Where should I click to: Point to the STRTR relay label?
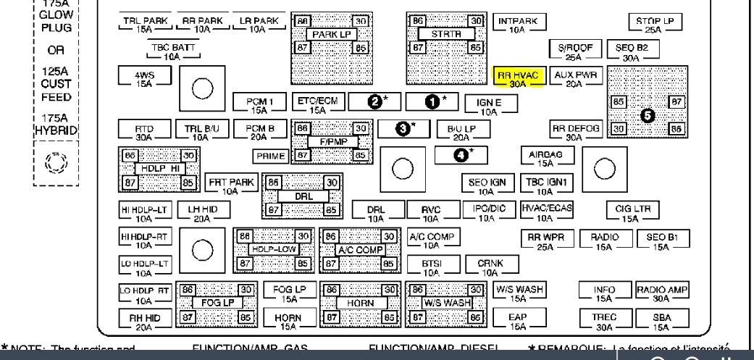coord(445,34)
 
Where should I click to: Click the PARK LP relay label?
coord(331,34)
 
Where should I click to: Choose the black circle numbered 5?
coord(646,114)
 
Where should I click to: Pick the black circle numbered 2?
coord(376,100)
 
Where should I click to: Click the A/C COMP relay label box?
coord(360,250)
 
